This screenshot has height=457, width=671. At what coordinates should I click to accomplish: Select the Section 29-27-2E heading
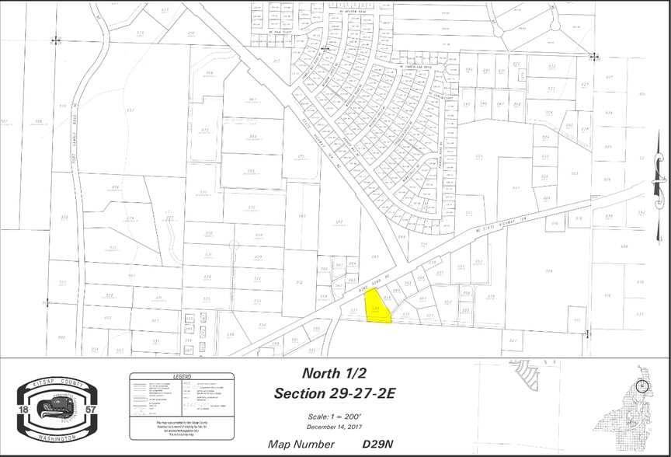[335, 393]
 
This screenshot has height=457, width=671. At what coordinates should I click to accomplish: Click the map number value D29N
[378, 445]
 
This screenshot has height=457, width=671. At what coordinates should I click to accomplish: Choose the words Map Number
[301, 445]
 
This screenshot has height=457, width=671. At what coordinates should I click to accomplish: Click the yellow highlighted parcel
[377, 310]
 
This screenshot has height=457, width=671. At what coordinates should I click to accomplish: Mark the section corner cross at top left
[56, 40]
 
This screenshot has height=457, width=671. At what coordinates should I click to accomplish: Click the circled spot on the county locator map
[641, 386]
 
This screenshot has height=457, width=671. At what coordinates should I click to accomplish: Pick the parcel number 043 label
[375, 256]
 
